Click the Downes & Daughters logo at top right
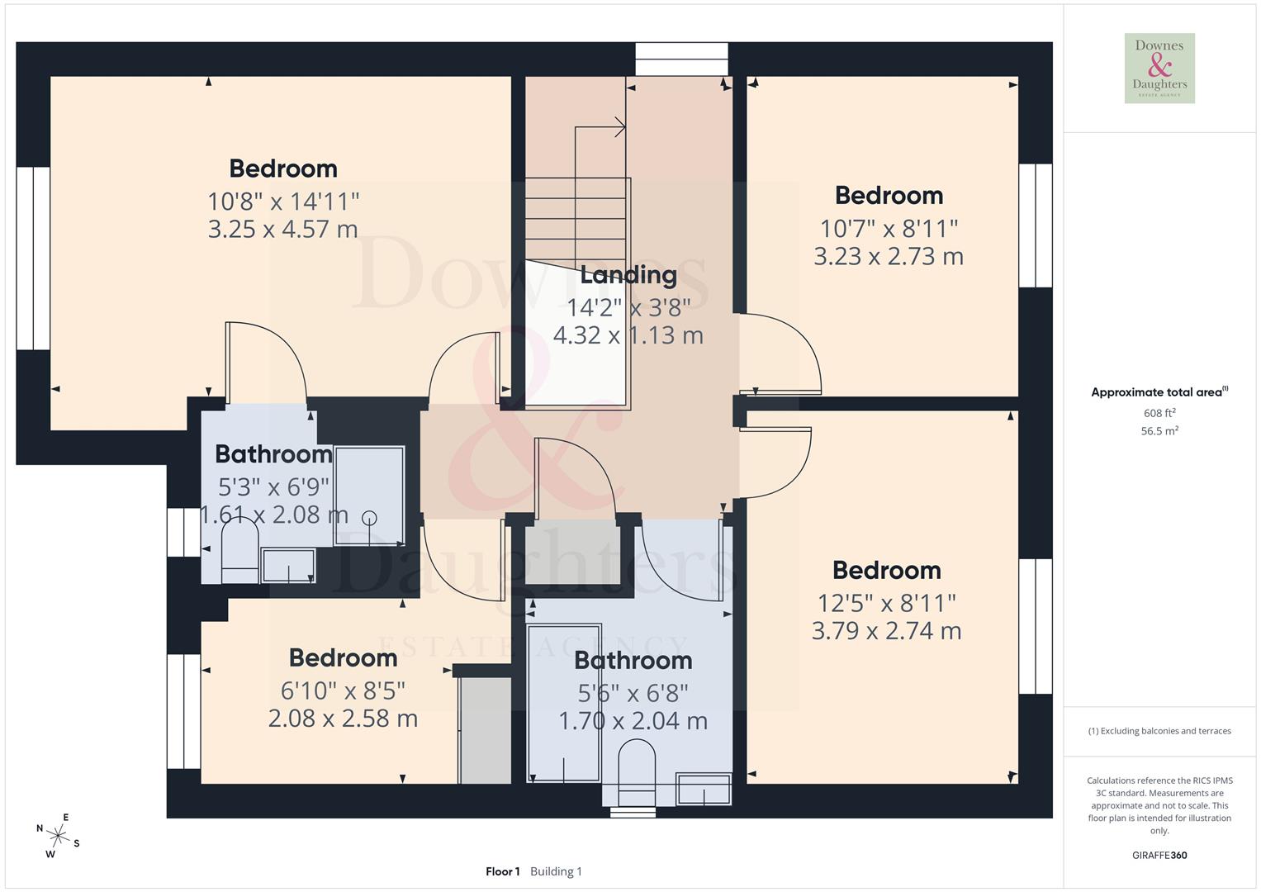(1159, 68)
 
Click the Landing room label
(628, 275)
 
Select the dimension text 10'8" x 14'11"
(283, 201)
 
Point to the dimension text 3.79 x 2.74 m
(886, 631)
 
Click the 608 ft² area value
(1159, 413)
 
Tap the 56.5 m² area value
(1159, 430)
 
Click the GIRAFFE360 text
(1159, 855)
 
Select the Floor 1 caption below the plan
(502, 871)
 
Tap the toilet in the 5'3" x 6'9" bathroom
(239, 549)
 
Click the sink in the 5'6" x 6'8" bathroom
(704, 789)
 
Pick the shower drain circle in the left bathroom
(369, 518)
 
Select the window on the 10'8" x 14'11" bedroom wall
(33, 258)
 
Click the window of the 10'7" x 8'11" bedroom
(1035, 225)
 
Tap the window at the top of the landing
(681, 59)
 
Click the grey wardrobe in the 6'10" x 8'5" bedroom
(485, 730)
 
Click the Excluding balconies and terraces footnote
(1159, 731)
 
